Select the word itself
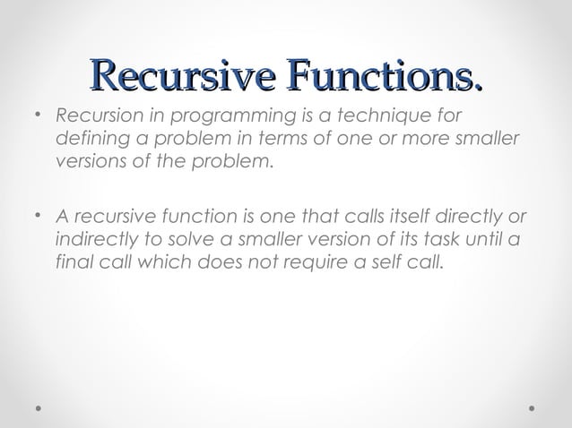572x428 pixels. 399,217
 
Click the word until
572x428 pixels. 485,241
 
